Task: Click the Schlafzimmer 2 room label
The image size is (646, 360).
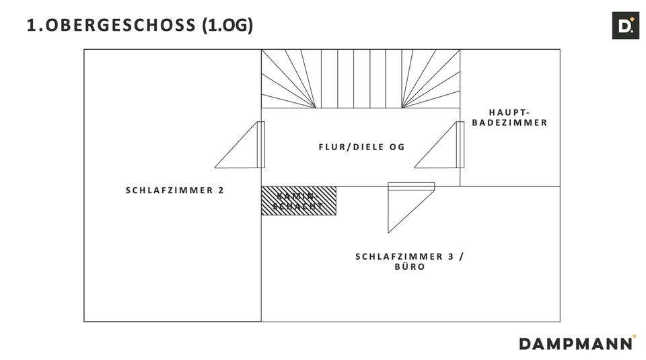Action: point(175,190)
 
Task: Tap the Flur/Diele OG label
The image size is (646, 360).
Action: point(362,147)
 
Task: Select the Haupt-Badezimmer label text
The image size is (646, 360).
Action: point(509,117)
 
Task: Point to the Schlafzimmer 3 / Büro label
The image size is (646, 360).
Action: point(410,262)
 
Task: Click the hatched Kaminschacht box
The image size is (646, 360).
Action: point(299,201)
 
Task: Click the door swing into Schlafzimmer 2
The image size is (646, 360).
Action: point(240,145)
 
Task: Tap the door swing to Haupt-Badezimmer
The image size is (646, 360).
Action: point(439,145)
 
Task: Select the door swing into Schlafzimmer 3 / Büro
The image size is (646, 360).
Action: point(411,208)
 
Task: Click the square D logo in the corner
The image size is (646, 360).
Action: point(625,26)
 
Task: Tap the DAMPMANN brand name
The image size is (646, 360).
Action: point(575,344)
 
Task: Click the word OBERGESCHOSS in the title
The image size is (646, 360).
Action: point(120,25)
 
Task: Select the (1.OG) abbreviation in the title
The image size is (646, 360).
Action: point(227,25)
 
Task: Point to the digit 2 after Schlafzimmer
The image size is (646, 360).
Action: point(221,190)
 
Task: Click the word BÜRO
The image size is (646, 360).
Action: point(410,266)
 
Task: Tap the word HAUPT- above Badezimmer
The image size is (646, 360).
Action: point(509,112)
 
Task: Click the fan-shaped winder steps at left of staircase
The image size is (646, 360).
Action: point(289,79)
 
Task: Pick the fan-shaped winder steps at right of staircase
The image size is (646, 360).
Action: point(431,79)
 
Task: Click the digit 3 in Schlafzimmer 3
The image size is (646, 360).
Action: point(451,256)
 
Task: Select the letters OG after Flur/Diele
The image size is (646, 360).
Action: point(397,147)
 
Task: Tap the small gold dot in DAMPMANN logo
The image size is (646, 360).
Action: point(635,336)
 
